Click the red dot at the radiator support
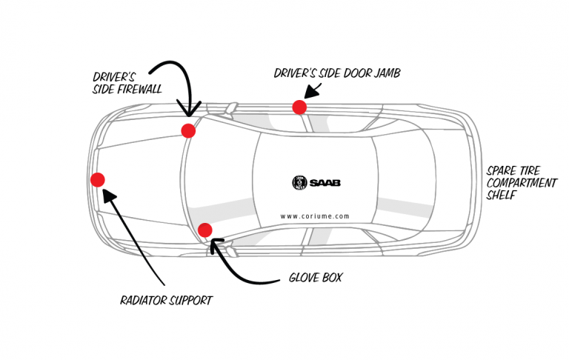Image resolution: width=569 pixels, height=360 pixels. [x=97, y=179]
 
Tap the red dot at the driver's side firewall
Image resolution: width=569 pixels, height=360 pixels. [x=188, y=130]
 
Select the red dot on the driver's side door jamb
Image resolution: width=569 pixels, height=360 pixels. [x=299, y=107]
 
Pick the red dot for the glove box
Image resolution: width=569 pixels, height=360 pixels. [x=205, y=230]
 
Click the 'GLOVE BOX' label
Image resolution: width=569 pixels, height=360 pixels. [x=315, y=279]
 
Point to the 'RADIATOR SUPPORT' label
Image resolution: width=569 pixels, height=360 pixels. [x=166, y=301]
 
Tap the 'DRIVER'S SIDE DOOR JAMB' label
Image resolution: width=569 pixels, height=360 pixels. [x=337, y=73]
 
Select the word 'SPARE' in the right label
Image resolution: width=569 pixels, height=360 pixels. [x=502, y=170]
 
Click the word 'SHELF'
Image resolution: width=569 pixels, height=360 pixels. [x=501, y=196]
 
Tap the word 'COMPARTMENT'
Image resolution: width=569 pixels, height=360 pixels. [x=522, y=183]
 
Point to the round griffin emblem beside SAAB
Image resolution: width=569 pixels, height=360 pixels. [x=299, y=182]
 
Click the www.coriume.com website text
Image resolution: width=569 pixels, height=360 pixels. [x=315, y=216]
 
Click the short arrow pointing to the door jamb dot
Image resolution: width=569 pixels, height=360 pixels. [x=312, y=91]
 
